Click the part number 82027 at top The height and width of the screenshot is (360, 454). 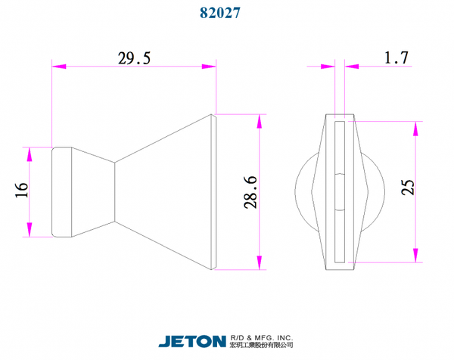point(220,13)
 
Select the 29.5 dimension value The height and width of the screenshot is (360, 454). point(134,58)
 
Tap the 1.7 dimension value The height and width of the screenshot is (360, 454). point(396,57)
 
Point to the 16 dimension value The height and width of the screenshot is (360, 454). point(22,190)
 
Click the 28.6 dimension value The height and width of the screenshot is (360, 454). point(250,192)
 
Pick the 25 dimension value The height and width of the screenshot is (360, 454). point(408,188)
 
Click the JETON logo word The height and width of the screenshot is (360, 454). point(192,341)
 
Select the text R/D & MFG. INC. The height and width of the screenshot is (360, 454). point(262,338)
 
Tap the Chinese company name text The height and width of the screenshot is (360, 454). point(262,345)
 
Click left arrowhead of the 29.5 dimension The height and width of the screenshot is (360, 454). point(59,67)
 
